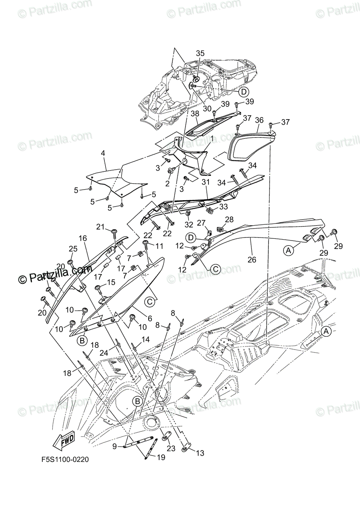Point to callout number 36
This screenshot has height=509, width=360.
(259, 120)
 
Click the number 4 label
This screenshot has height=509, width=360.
(103, 152)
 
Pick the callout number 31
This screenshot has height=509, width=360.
(206, 182)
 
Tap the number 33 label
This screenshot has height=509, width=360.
(223, 206)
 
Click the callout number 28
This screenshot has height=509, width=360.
(229, 219)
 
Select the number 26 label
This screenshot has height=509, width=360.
(252, 260)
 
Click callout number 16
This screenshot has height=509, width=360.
(82, 238)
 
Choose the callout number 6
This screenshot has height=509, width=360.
(149, 318)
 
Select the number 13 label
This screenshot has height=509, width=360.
(200, 453)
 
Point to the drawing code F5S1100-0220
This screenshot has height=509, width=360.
(65, 459)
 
